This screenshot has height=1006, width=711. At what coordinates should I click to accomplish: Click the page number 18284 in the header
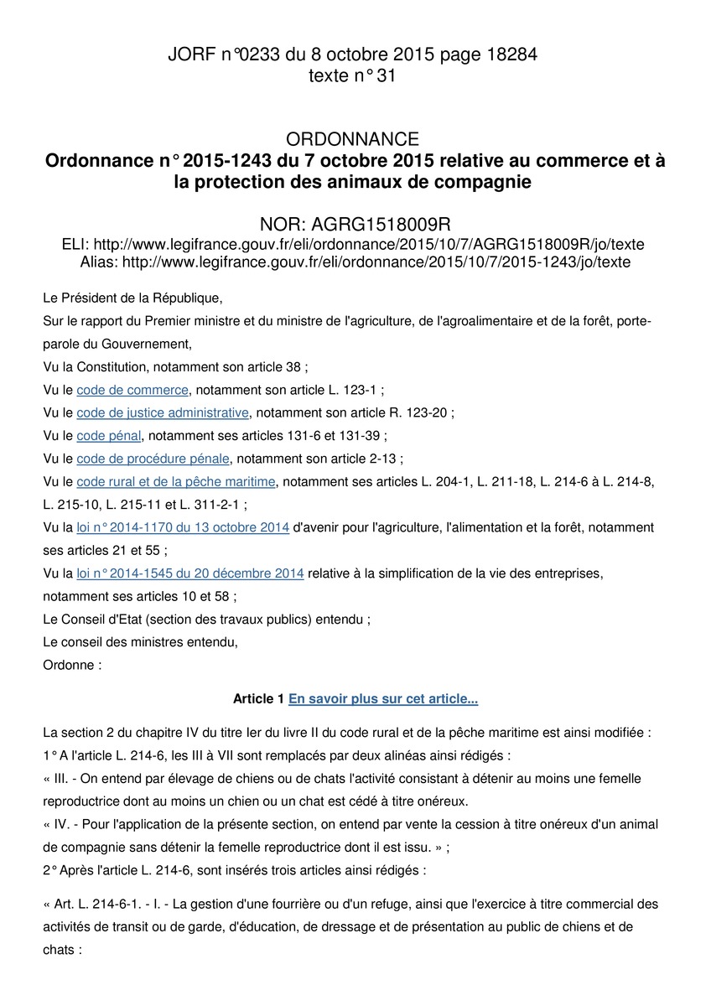[510, 55]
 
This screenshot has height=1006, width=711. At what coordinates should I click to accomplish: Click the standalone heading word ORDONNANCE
[353, 139]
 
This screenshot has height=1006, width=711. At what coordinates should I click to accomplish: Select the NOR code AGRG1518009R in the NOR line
[381, 225]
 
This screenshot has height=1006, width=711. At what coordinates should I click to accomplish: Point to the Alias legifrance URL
[376, 262]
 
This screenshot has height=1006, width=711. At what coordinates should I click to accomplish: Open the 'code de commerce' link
[132, 390]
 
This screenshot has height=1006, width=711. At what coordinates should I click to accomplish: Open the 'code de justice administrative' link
[163, 412]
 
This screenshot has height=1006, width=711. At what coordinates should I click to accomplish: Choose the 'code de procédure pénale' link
[153, 459]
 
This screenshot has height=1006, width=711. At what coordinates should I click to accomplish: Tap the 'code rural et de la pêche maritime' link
[176, 482]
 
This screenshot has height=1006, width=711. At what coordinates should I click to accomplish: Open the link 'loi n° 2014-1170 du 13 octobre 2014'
[183, 527]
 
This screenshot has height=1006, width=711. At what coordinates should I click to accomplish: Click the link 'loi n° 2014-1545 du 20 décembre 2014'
[189, 573]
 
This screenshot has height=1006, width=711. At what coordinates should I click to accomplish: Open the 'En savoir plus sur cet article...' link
[383, 698]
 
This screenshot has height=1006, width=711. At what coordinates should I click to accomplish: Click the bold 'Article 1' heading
[258, 698]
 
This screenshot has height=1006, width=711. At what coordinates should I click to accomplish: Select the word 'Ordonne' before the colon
[68, 665]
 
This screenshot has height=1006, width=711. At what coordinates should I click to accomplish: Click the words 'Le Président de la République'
[132, 298]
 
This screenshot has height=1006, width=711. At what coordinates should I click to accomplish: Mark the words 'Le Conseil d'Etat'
[94, 620]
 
